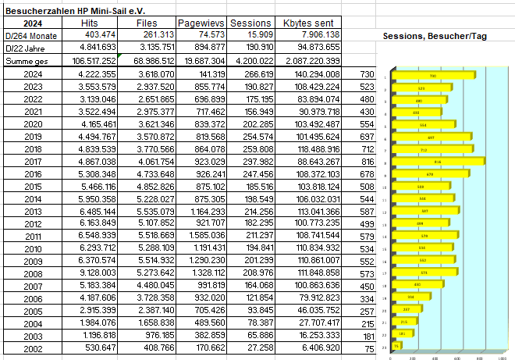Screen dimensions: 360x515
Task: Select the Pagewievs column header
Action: [x=202, y=23]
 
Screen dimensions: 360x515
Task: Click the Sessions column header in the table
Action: [x=251, y=23]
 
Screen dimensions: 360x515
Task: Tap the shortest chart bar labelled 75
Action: [x=397, y=345]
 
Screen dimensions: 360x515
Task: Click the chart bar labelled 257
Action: [x=406, y=308]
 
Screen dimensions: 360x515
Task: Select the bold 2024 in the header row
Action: [x=33, y=23]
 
